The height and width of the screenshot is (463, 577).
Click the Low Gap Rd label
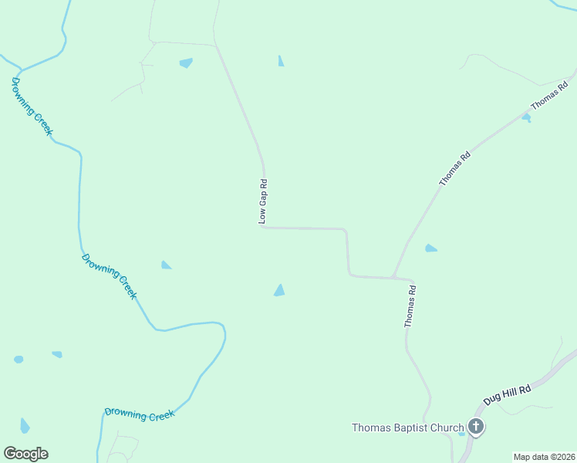(x=263, y=202)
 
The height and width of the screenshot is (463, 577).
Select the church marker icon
(x=476, y=427)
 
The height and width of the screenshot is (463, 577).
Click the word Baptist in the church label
(x=415, y=428)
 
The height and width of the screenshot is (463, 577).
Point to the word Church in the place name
(x=448, y=428)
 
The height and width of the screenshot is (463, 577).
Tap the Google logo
(x=25, y=454)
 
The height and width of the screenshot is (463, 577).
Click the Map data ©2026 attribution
(x=544, y=457)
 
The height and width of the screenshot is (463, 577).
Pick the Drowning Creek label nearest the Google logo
(x=140, y=414)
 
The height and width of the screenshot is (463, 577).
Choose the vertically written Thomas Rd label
(x=411, y=306)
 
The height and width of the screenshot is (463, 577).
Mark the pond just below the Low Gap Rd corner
(x=279, y=290)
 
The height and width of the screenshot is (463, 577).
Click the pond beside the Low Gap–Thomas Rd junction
(x=430, y=248)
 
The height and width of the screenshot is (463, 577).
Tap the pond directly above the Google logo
(x=25, y=425)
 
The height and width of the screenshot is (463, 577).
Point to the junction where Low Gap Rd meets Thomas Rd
(x=393, y=276)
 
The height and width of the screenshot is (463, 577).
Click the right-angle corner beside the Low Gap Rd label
(x=264, y=227)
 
